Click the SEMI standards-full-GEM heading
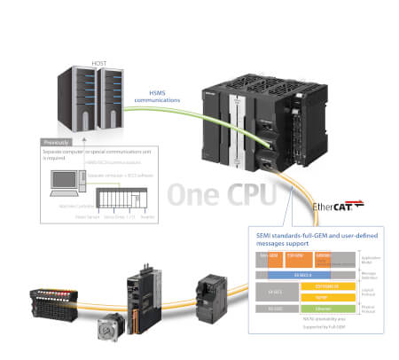click(x=315, y=240)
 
